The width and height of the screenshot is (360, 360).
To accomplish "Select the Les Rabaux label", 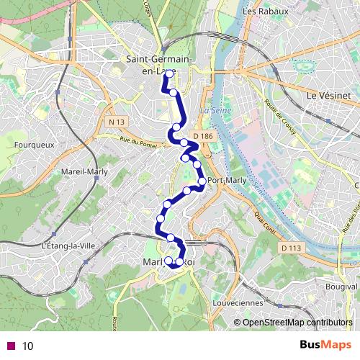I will tap(266, 12).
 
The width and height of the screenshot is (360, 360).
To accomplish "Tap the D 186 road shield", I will tap(204, 136).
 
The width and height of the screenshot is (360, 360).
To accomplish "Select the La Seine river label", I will tap(212, 110).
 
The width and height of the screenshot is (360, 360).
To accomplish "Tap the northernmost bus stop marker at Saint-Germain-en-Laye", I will tap(169, 74).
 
